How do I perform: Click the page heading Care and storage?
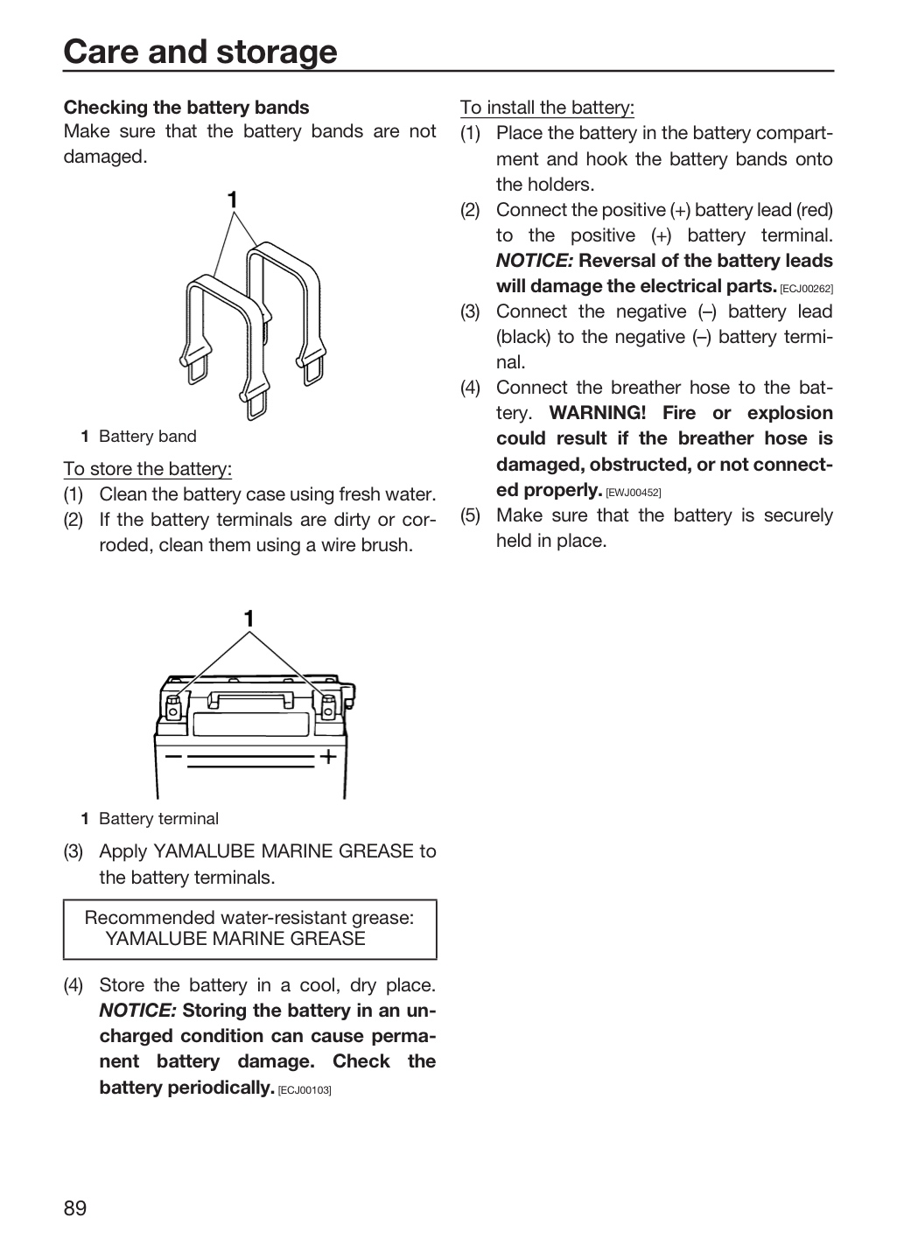coord(200,52)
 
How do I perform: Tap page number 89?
coord(75,1208)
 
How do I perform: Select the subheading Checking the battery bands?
coord(186,108)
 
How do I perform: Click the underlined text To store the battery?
coord(147,469)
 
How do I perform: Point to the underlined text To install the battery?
coord(547,108)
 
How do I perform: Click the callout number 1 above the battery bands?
coord(233,199)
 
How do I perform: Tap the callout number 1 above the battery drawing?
coord(249,619)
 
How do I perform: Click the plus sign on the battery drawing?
coord(328,756)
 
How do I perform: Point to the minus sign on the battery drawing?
coord(173,756)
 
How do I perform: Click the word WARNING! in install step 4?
coord(598,413)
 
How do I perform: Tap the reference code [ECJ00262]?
coord(806,289)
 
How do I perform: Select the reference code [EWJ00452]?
coord(633,493)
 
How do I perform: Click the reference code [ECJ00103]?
coord(305,1090)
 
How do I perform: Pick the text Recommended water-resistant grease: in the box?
coord(249,917)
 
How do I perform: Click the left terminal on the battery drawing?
coord(172,707)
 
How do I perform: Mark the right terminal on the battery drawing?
coord(328,707)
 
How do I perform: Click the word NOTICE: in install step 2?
coord(534,261)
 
